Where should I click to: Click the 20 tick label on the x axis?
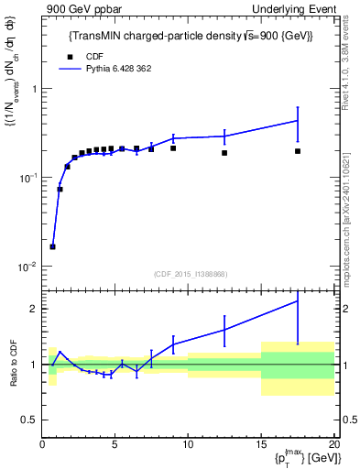[x=333, y=446]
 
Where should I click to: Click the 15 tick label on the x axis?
[x=261, y=446]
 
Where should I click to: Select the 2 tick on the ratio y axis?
[x=34, y=309]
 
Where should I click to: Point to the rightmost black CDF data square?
[x=298, y=151]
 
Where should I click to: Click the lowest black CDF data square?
[x=53, y=246]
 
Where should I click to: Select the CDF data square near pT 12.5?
[x=224, y=153]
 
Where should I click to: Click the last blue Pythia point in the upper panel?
[x=298, y=120]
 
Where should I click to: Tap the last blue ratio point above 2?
[x=298, y=300]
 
